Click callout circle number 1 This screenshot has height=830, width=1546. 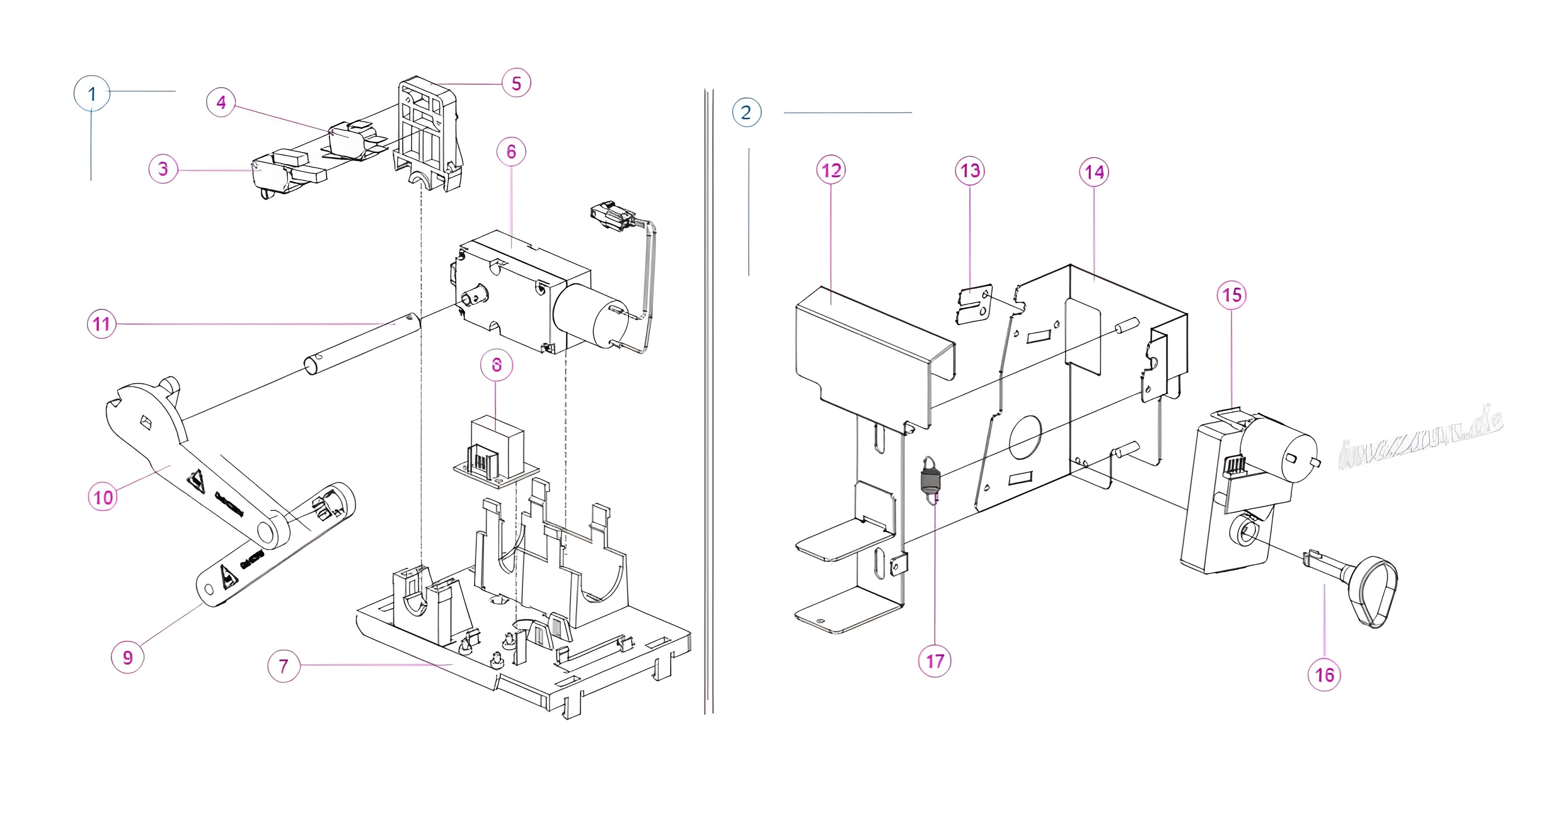[x=92, y=94]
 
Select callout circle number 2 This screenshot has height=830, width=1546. [x=747, y=112]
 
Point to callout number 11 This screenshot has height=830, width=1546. [x=101, y=324]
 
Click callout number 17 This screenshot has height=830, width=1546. [x=935, y=661]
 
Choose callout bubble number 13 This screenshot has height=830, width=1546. [x=970, y=171]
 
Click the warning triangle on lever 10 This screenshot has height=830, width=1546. [x=196, y=481]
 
